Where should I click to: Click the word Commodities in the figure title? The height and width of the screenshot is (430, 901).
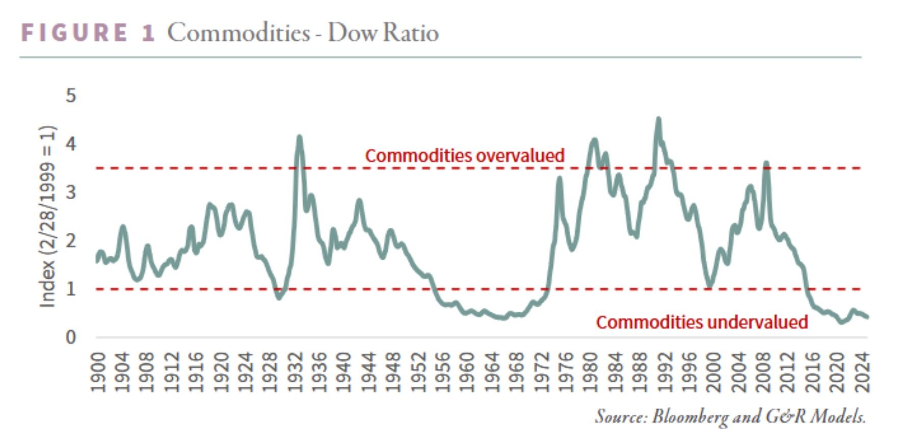point(238,33)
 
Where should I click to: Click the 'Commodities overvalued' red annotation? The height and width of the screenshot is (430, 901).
point(464,155)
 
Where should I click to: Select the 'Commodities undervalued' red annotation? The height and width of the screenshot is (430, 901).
point(702,322)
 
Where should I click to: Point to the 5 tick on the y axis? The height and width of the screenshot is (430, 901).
point(71,95)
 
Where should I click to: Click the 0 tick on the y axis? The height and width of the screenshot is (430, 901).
point(71,337)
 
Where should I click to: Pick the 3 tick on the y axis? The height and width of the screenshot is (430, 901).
point(71,192)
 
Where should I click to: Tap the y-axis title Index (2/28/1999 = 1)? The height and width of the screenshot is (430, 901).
point(47,216)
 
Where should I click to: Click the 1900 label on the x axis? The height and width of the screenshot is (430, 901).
point(97,372)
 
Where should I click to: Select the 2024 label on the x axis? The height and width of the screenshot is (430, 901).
point(862,372)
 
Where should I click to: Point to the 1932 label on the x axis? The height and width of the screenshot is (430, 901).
point(295,372)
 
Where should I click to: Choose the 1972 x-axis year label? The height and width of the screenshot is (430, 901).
point(542,372)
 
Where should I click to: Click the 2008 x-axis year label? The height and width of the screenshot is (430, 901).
point(763,372)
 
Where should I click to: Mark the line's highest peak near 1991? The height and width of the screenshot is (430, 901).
point(658,120)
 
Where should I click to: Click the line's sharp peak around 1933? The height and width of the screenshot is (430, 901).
point(299,137)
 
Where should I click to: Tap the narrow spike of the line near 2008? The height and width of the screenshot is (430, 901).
point(766,164)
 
